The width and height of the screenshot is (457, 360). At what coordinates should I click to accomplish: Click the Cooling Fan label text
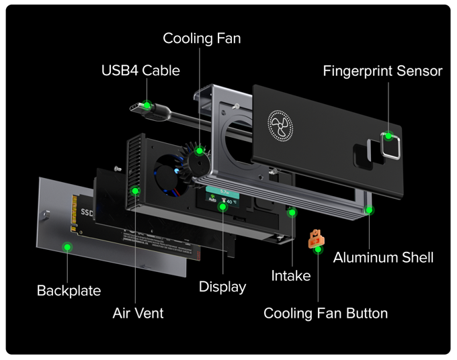pyautogui.click(x=202, y=38)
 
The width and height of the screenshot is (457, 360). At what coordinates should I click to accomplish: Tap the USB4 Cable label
pyautogui.click(x=140, y=70)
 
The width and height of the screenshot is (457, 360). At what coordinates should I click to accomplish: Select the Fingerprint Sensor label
pyautogui.click(x=382, y=71)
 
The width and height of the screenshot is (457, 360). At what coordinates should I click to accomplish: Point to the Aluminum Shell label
pyautogui.click(x=383, y=257)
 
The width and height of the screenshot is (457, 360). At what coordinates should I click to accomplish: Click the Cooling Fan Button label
pyautogui.click(x=325, y=313)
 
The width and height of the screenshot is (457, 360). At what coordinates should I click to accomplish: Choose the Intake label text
pyautogui.click(x=290, y=275)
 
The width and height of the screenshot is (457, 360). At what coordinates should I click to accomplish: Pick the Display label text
pyautogui.click(x=222, y=287)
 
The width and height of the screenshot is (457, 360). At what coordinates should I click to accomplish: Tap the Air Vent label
pyautogui.click(x=138, y=313)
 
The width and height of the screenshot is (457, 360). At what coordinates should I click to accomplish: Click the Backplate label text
pyautogui.click(x=69, y=291)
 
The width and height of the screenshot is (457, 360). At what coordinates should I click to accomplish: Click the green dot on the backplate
pyautogui.click(x=67, y=246)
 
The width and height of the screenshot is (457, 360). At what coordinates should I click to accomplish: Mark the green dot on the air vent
pyautogui.click(x=135, y=191)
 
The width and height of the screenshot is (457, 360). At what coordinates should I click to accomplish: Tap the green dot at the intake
pyautogui.click(x=292, y=212)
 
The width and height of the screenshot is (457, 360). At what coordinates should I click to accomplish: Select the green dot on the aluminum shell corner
pyautogui.click(x=369, y=210)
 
